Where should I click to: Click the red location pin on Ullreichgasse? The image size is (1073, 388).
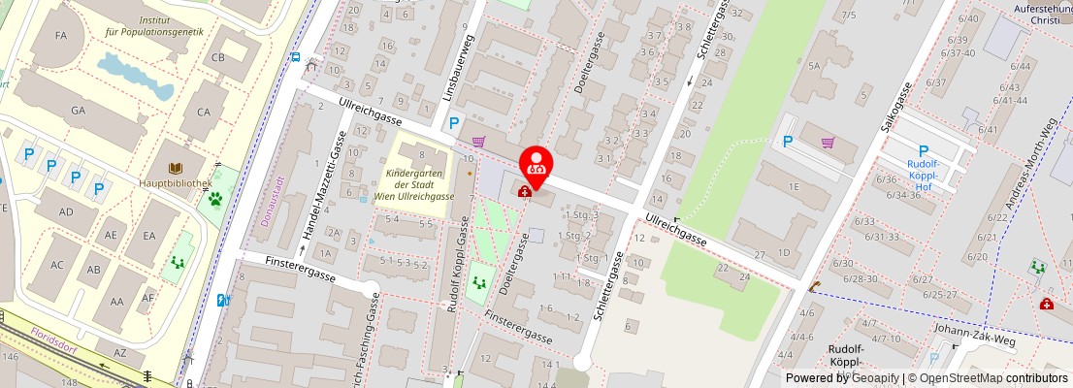coord(536,162)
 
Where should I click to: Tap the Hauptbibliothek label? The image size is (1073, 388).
coord(176,182)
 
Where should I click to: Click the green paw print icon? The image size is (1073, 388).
coord(214,200)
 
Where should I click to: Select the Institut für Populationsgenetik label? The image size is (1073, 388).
coord(156,25)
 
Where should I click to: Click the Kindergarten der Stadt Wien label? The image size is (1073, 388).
coord(420,183)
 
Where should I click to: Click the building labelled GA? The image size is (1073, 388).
coord(79,111)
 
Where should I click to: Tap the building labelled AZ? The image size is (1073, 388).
coord(120,351)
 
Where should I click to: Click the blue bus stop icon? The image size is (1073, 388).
coord(295,57)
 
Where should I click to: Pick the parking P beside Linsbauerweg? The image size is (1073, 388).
coord(454,123)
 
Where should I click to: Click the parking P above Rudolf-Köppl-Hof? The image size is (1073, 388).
coord(924,150)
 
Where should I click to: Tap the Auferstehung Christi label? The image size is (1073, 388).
coord(1039,13)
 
